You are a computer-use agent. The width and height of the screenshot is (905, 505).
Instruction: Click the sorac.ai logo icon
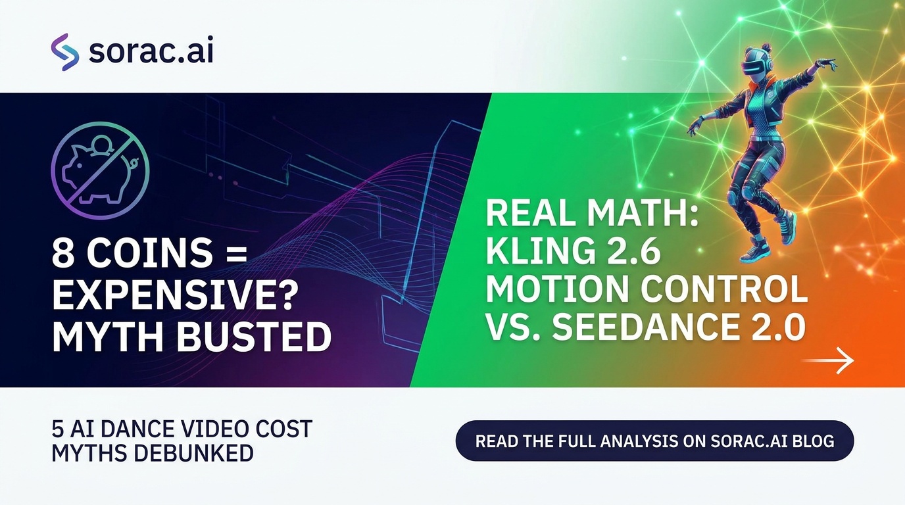tap(64, 52)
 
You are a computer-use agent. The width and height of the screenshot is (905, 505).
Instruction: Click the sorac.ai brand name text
tap(151, 51)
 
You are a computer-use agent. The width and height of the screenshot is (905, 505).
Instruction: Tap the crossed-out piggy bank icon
tap(100, 170)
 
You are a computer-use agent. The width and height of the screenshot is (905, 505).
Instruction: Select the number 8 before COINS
tap(64, 252)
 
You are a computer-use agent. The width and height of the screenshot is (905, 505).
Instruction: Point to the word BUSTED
tap(254, 337)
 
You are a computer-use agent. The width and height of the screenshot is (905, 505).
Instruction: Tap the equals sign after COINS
tap(235, 254)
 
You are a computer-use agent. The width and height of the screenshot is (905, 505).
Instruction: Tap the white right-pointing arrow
tap(827, 360)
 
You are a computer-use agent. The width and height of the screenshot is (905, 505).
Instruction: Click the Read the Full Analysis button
tap(655, 441)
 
